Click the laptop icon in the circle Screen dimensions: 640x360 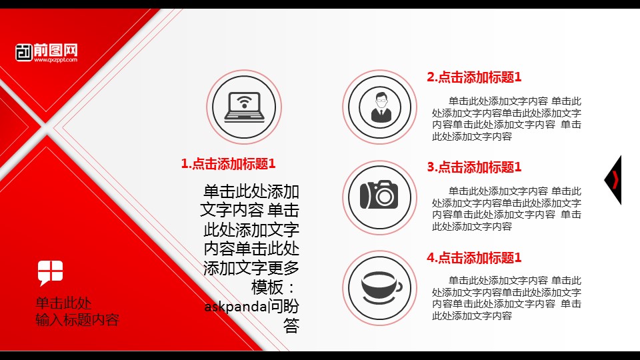pos(244,107)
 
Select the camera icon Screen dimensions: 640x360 pos(379,195)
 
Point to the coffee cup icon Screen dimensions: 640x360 pos(381,287)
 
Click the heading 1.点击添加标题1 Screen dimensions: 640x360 pos(228,164)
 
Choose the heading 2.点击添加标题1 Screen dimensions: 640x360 pos(474,77)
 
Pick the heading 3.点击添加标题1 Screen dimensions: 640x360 pos(474,167)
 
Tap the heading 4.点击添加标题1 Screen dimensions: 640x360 pos(474,257)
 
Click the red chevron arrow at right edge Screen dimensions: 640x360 pos(615,180)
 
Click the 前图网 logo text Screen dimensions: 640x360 pos(55,50)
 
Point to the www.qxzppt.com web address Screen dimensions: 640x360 pos(55,60)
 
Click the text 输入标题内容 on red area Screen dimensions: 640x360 pos(77,319)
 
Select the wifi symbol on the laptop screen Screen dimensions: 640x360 pos(244,102)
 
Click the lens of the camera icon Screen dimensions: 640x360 pos(384,197)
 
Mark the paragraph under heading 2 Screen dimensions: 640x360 pos(507,119)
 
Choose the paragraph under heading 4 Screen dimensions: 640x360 pos(507,298)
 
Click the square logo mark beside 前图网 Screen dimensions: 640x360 pos(24,53)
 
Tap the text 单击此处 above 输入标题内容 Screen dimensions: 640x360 pos(63,303)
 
